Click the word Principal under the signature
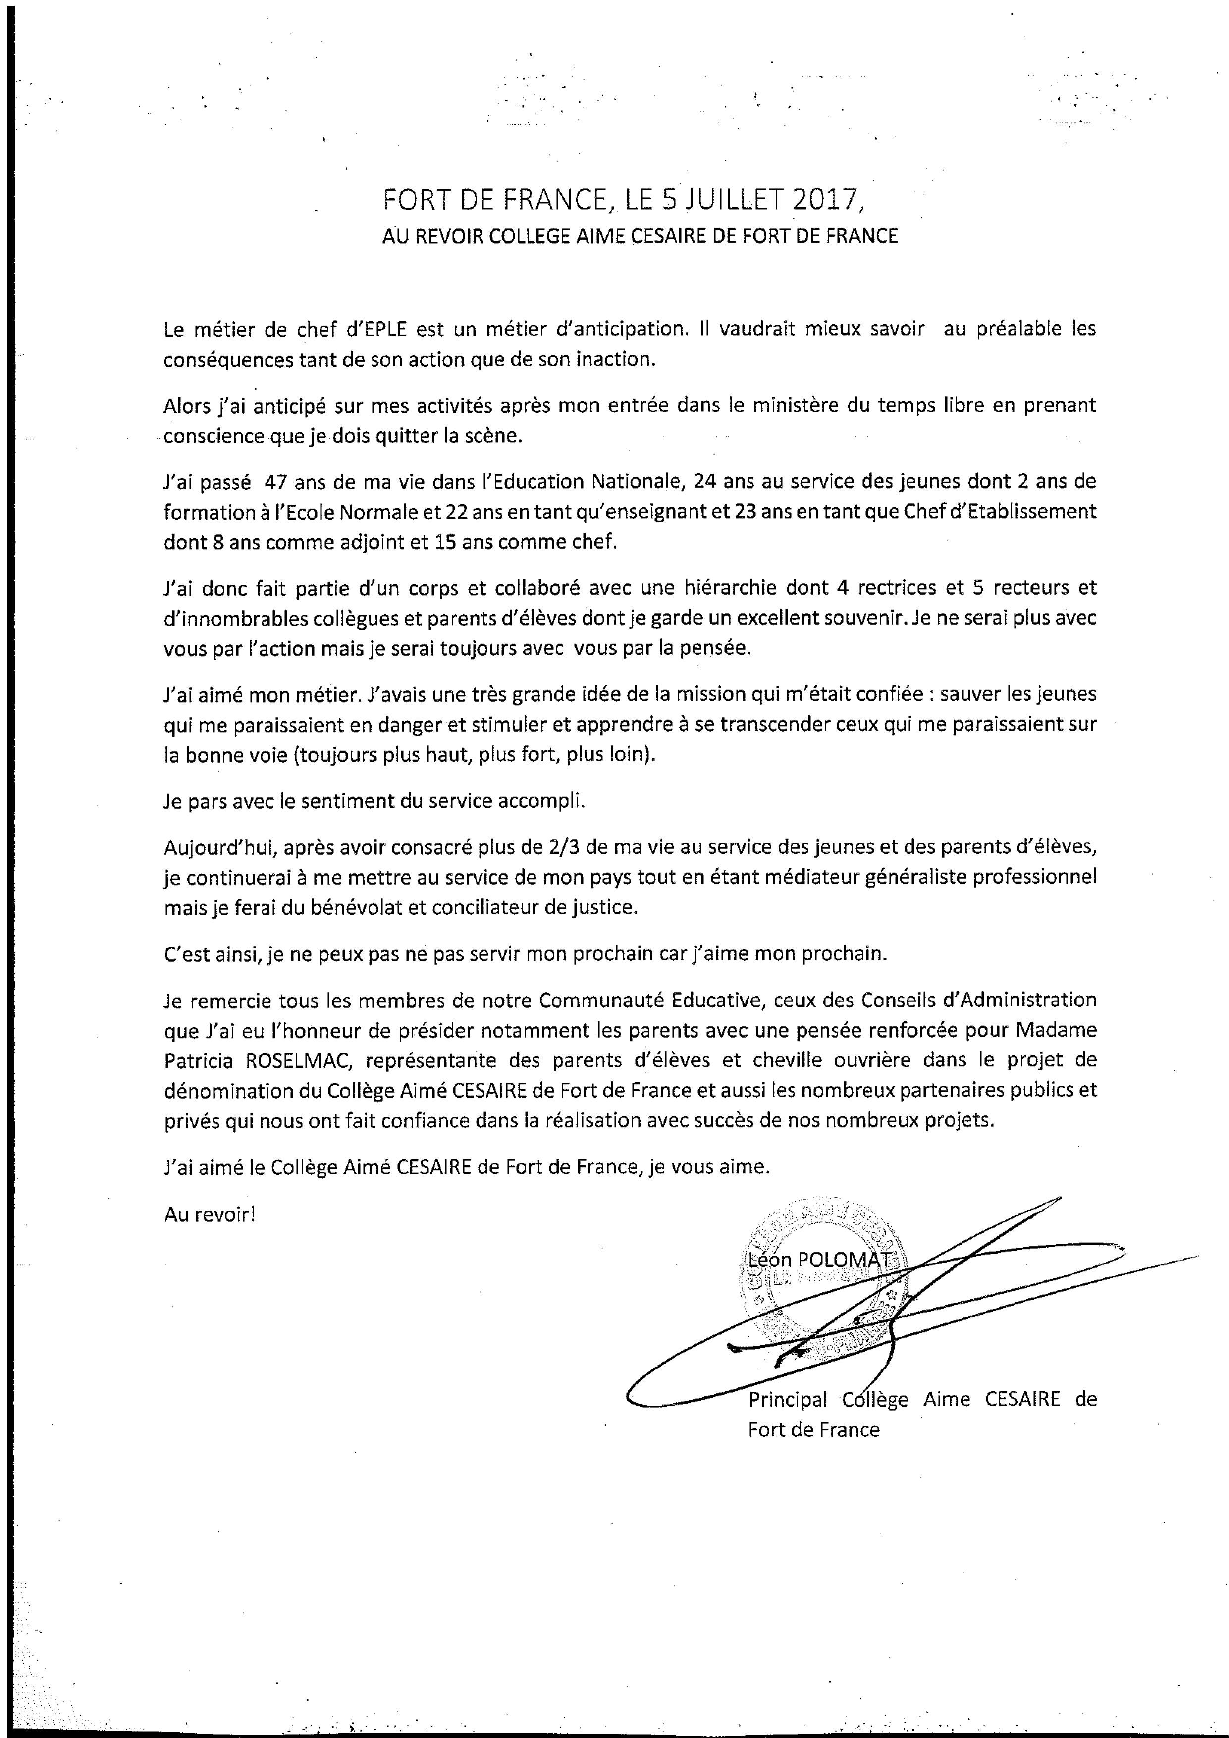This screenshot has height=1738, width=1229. pyautogui.click(x=788, y=1400)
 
